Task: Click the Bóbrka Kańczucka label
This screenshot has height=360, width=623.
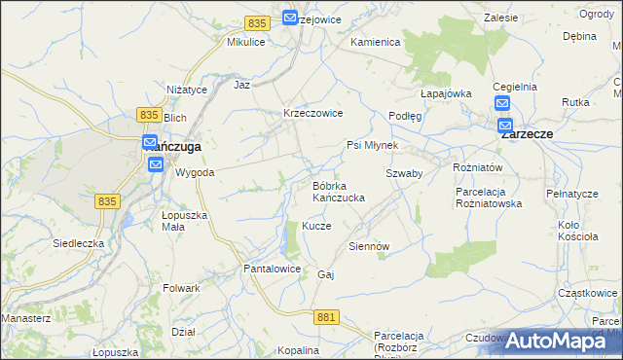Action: pos(338,191)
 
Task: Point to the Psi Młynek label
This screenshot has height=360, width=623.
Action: pos(372,145)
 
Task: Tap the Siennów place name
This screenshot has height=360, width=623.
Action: pos(369,246)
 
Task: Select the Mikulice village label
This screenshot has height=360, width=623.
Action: pos(246,43)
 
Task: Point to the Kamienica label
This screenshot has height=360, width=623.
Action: pos(376,43)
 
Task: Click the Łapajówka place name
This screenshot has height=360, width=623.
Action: pos(446,93)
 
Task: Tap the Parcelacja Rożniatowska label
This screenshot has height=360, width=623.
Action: pos(490,198)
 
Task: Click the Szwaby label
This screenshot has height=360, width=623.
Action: pos(403,172)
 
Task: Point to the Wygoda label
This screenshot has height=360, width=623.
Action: pos(195,172)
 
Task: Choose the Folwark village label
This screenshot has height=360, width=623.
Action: pos(182,288)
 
